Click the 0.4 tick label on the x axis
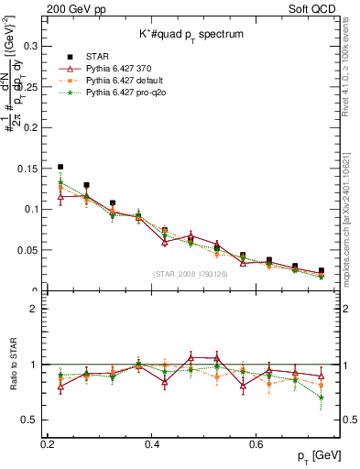point(153,442)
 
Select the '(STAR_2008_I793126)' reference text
point(191,274)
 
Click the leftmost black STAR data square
point(60,168)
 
